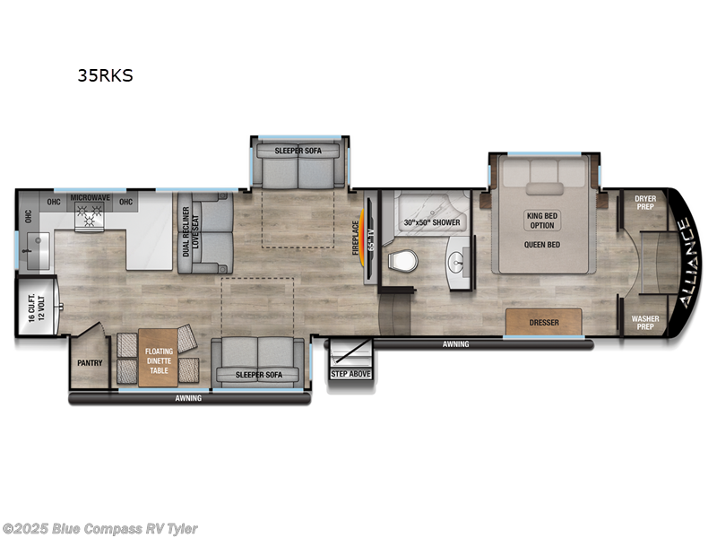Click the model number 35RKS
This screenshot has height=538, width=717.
point(105,76)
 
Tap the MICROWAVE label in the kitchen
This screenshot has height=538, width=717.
point(90,196)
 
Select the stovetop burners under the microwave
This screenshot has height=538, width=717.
point(90,215)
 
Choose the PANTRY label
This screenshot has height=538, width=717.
point(90,363)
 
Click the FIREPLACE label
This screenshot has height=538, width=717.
point(356,239)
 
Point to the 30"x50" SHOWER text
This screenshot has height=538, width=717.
point(431,222)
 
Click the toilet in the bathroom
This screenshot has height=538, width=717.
point(403,261)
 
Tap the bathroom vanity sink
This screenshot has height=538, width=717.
point(458,262)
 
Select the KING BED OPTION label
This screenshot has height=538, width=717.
point(541,220)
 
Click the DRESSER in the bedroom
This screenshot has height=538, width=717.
point(543,321)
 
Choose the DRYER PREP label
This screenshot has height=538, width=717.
point(645,202)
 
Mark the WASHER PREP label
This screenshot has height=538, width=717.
point(645,322)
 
